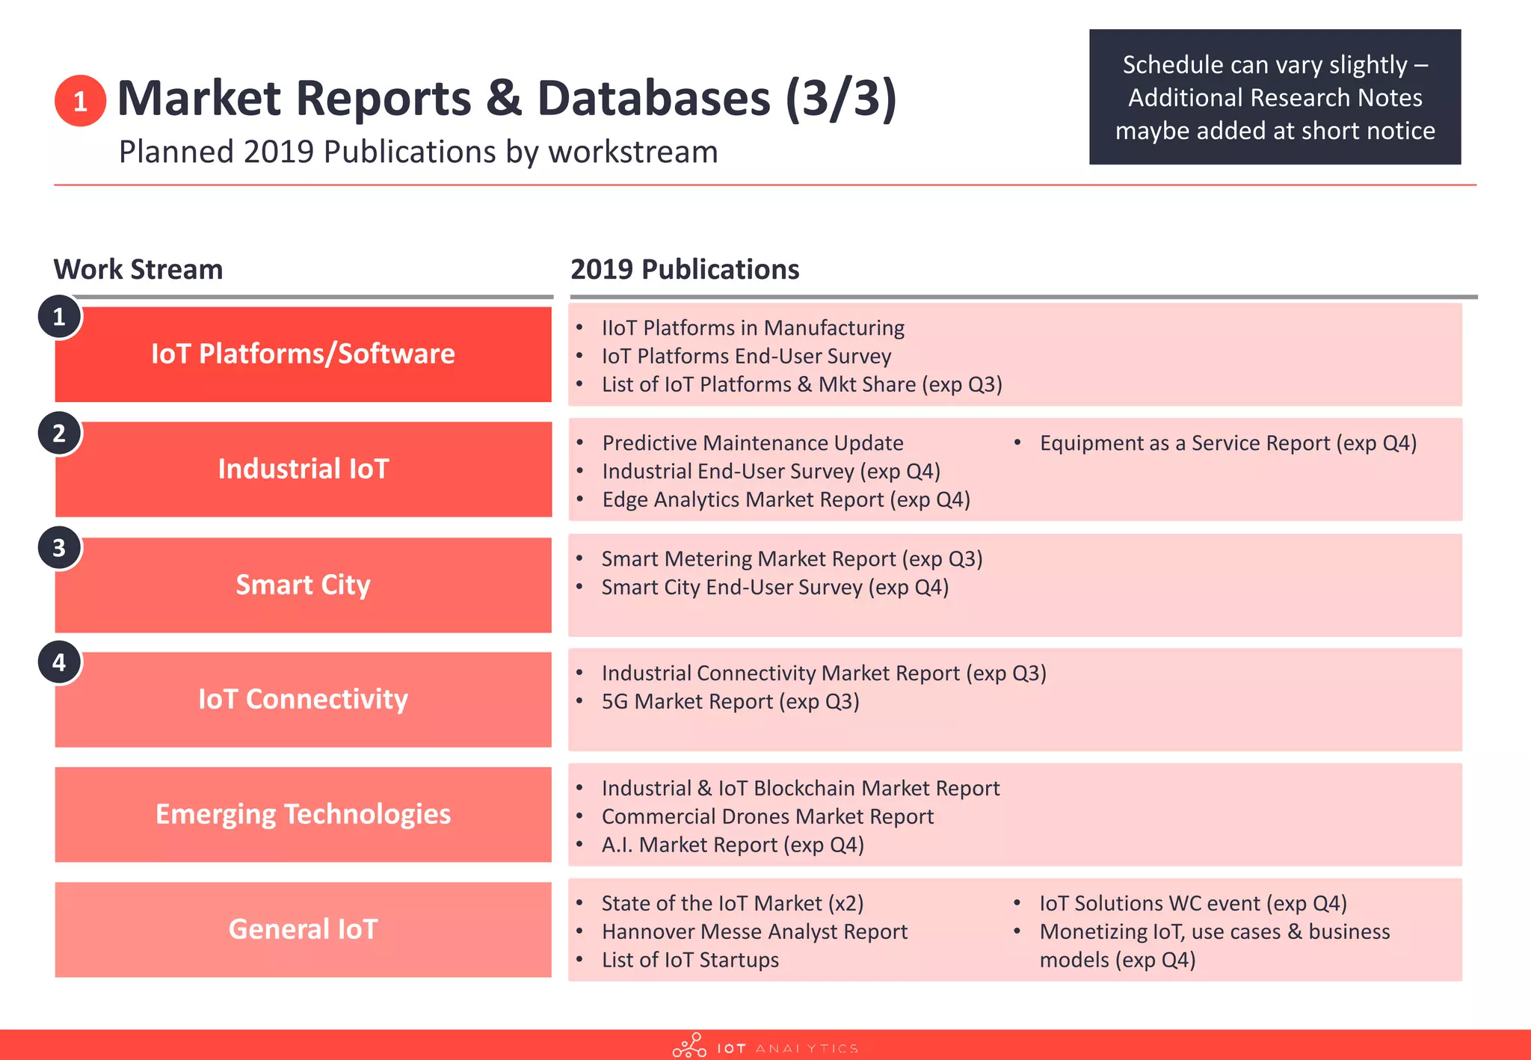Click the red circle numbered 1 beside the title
pos(80,101)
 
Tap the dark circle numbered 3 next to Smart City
pos(59,548)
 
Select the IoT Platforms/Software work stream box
pos(303,354)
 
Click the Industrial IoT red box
pos(303,469)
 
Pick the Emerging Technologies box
pos(303,814)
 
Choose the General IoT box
pos(303,929)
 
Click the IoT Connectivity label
pos(303,699)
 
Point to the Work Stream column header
pos(138,269)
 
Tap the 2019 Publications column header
pos(685,269)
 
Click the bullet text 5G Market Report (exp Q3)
pos(730,701)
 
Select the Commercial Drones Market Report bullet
pos(768,816)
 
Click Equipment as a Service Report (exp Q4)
pos(1227,443)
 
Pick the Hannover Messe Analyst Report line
pos(754,931)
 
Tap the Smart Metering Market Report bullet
pos(792,558)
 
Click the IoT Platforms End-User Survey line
pos(746,356)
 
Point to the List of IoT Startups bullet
pos(690,960)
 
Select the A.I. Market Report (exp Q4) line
pos(733,845)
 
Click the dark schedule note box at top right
pos(1275,97)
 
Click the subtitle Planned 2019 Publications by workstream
pos(418,152)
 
